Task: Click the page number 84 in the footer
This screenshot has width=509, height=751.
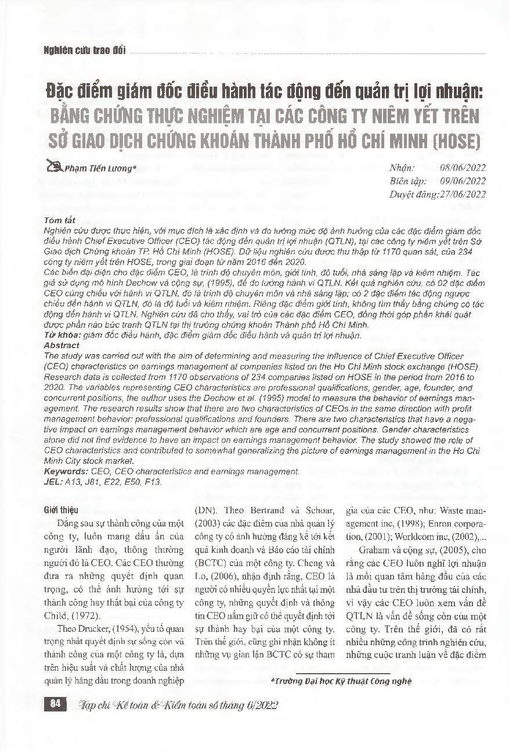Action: point(55,704)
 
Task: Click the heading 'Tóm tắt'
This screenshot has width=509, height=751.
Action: point(57,221)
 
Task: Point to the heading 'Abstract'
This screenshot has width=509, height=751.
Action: point(62,345)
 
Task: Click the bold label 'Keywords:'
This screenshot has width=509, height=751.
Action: point(66,472)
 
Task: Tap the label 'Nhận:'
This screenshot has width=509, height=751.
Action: point(402,167)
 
